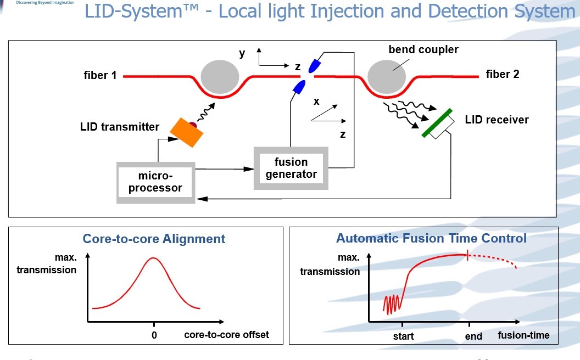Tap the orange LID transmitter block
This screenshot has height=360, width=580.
pos(186,133)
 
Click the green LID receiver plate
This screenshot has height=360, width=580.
pos(437,123)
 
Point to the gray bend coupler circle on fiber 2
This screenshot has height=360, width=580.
pos(387,77)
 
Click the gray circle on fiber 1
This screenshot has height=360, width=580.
pos(220,77)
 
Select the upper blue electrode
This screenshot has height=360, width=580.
pos(314,66)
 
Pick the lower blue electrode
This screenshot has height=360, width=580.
pos(299,87)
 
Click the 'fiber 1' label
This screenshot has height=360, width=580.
pos(100,75)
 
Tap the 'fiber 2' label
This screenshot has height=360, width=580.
pos(503,74)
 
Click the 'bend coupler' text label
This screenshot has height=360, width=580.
pos(423,49)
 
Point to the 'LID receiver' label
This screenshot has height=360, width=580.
pos(497,120)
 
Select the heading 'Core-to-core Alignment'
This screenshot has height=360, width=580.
pos(154,239)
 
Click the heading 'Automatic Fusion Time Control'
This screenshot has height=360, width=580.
pos(431,238)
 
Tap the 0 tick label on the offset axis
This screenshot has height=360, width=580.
pos(154,335)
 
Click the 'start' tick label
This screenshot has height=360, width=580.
pos(403,336)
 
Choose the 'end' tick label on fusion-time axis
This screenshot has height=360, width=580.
pos(473,336)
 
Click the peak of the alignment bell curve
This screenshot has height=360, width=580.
pos(153,257)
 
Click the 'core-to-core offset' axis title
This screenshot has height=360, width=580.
pos(226,335)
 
